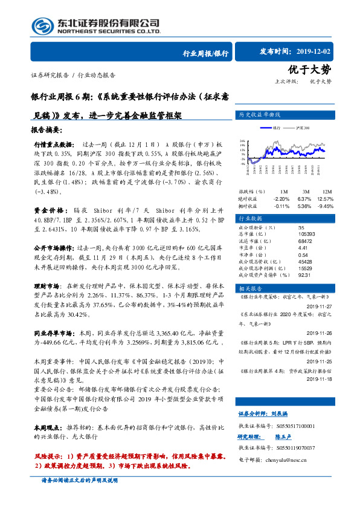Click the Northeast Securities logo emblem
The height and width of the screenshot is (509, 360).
coord(40,25)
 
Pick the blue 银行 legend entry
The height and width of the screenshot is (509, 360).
coord(272,128)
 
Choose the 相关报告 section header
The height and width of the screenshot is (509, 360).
coord(250,289)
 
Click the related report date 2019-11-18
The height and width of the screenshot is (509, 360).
coord(321,378)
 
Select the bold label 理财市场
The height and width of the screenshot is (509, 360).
coord(47,285)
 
